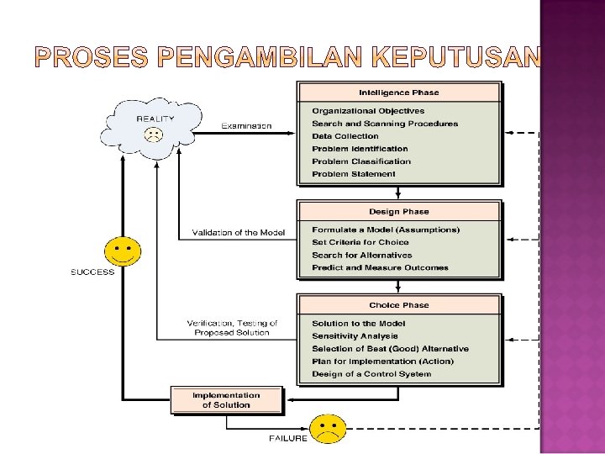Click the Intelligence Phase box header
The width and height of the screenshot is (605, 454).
[x=398, y=92]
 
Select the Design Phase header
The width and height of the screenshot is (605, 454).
[x=398, y=212]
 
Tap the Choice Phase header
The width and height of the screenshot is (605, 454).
[x=398, y=305]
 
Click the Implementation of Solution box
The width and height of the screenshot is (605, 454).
[x=226, y=400]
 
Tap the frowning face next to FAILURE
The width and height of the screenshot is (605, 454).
[x=328, y=430]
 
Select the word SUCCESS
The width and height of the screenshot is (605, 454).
[x=92, y=272]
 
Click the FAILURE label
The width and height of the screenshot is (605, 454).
[x=287, y=438]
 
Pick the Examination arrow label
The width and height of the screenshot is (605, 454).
[x=246, y=125]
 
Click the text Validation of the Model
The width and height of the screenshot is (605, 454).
[x=239, y=233]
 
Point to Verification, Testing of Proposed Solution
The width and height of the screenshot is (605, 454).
[x=232, y=328]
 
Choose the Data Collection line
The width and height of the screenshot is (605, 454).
[x=345, y=136]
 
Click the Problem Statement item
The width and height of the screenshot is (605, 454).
[x=354, y=174]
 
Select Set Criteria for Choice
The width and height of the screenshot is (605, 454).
[x=360, y=242]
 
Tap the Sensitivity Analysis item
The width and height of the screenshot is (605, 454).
[x=355, y=336]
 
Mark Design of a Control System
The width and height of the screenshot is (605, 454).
[x=371, y=374]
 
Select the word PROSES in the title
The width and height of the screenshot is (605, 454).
[x=92, y=57]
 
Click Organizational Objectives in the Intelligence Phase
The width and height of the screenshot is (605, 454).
[x=368, y=111]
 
